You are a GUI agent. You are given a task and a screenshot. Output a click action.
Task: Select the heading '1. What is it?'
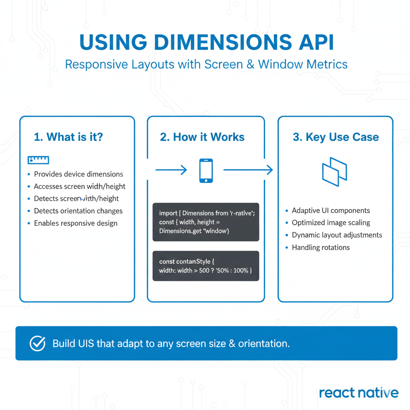(68, 137)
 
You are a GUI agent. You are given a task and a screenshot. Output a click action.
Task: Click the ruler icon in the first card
(38, 160)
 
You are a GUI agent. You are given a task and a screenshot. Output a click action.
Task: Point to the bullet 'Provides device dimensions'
(78, 174)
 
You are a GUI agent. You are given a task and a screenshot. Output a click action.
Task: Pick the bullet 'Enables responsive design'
(76, 223)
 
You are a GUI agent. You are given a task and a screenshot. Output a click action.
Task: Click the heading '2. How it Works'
(202, 137)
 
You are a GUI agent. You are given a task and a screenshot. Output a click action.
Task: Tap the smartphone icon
(206, 171)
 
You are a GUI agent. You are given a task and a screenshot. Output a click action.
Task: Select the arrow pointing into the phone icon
(171, 170)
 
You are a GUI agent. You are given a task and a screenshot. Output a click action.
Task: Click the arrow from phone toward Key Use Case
(248, 170)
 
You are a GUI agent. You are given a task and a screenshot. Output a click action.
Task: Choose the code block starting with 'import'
(206, 222)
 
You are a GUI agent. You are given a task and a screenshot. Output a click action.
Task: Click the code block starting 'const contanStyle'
(206, 266)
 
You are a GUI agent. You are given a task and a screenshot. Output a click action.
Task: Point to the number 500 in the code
(205, 271)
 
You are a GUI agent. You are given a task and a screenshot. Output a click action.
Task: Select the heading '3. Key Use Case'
(336, 137)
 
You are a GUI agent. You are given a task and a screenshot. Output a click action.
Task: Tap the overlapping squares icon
(335, 171)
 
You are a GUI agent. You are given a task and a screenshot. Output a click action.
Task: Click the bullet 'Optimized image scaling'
(331, 223)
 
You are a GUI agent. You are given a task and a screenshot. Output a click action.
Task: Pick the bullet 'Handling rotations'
(321, 247)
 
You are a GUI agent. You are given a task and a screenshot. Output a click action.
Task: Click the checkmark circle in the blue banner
(38, 344)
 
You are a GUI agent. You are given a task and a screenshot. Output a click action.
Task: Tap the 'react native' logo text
(359, 393)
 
